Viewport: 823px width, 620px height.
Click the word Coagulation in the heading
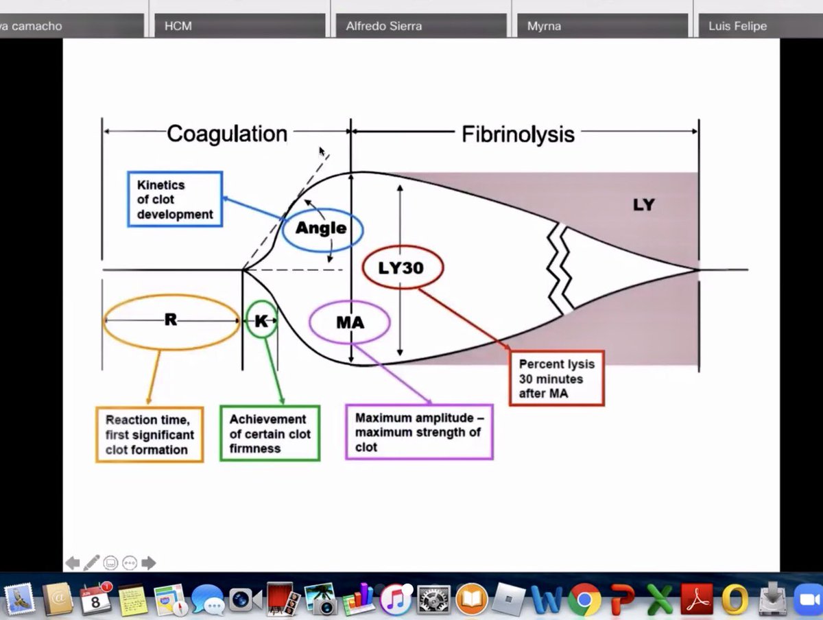coord(227,134)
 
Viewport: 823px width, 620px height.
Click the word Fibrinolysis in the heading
coord(518,134)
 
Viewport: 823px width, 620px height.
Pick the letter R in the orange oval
coord(171,320)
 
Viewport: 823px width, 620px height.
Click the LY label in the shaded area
coord(644,204)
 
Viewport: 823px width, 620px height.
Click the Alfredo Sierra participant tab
coord(421,25)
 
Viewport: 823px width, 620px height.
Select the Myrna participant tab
coord(603,25)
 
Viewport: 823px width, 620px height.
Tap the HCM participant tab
coord(240,25)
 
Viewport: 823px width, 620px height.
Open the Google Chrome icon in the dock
coord(584,599)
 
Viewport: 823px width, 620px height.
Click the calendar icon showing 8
coord(95,599)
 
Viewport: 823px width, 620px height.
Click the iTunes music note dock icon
coord(396,599)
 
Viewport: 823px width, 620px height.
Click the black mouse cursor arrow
coord(322,152)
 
